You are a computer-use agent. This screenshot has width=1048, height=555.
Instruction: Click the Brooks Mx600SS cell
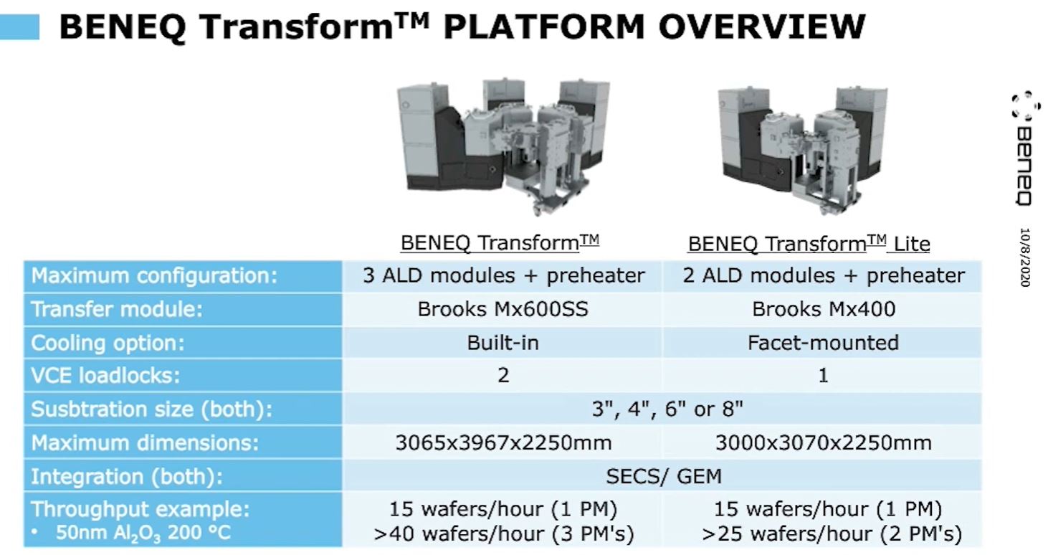click(x=502, y=309)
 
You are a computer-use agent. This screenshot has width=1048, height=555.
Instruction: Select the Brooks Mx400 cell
click(x=824, y=309)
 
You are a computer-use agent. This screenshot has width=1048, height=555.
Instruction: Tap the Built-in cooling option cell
click(x=502, y=343)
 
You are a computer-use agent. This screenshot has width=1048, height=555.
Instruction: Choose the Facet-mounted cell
click(x=824, y=343)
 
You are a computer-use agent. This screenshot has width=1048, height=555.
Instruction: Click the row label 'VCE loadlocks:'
click(x=105, y=375)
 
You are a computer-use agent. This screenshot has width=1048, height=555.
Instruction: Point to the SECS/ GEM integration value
click(x=663, y=476)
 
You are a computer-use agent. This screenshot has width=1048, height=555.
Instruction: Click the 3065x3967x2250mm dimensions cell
click(x=503, y=442)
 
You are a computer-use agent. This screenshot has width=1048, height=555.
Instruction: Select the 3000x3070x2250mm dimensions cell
click(x=824, y=442)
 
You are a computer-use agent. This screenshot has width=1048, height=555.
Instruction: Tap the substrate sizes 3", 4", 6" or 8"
click(x=667, y=409)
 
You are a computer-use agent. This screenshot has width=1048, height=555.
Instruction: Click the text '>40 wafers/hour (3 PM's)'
click(x=503, y=533)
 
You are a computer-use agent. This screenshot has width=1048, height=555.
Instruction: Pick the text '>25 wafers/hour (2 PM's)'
click(x=832, y=533)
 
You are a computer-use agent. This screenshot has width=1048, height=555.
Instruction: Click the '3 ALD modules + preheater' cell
click(x=503, y=275)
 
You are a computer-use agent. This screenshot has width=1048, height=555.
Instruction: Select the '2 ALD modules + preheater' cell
click(x=824, y=275)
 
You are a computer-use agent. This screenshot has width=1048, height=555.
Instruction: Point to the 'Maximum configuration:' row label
click(x=154, y=275)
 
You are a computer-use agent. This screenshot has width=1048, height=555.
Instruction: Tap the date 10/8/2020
click(x=1025, y=257)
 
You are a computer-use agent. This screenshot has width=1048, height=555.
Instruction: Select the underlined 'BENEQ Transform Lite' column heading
click(x=809, y=244)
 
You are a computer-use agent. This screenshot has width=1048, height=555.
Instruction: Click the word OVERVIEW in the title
click(x=762, y=27)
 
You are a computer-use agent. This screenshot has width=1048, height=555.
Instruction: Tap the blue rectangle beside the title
click(x=19, y=27)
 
